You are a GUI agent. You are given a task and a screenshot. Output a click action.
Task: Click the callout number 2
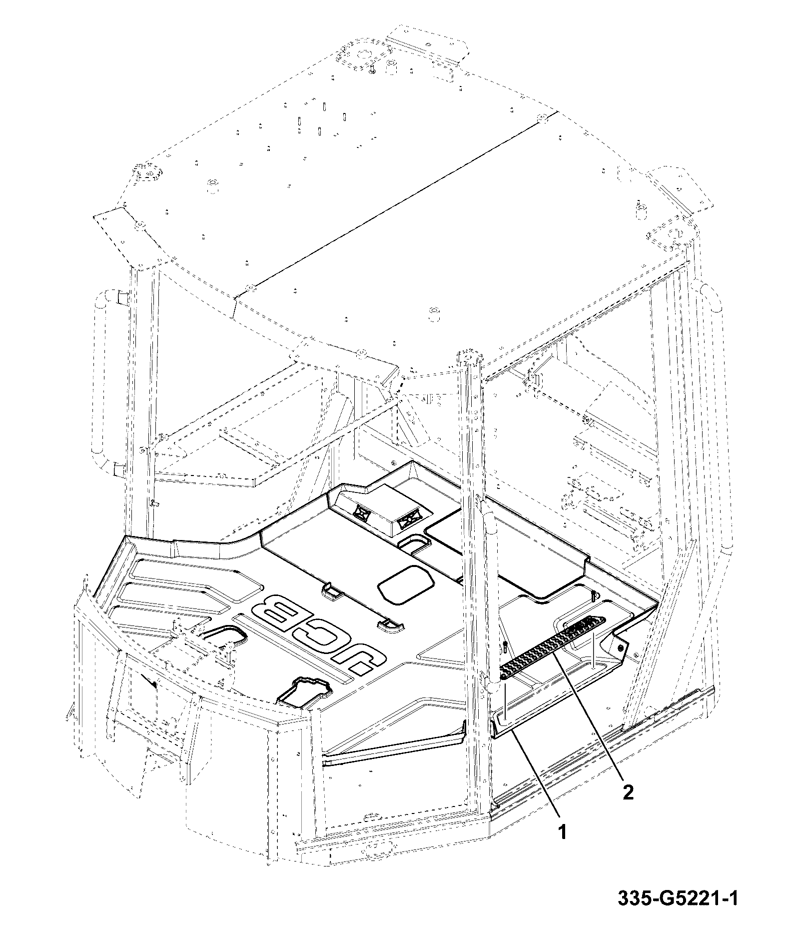628,792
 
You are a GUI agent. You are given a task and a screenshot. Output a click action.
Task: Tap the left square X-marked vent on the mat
360,511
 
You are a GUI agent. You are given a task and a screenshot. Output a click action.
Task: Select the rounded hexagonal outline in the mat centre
406,583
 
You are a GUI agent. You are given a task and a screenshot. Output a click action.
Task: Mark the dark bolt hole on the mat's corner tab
621,647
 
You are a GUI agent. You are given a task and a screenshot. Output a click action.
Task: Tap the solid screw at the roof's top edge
372,70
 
